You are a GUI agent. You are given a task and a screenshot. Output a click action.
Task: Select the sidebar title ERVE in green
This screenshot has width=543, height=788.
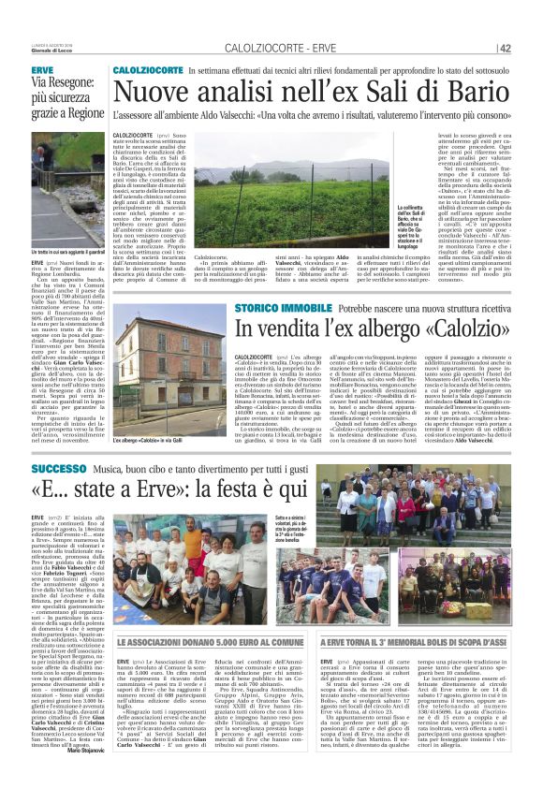tap(41, 71)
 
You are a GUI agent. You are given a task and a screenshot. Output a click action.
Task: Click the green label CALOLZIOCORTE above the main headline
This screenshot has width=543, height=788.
tap(147, 71)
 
